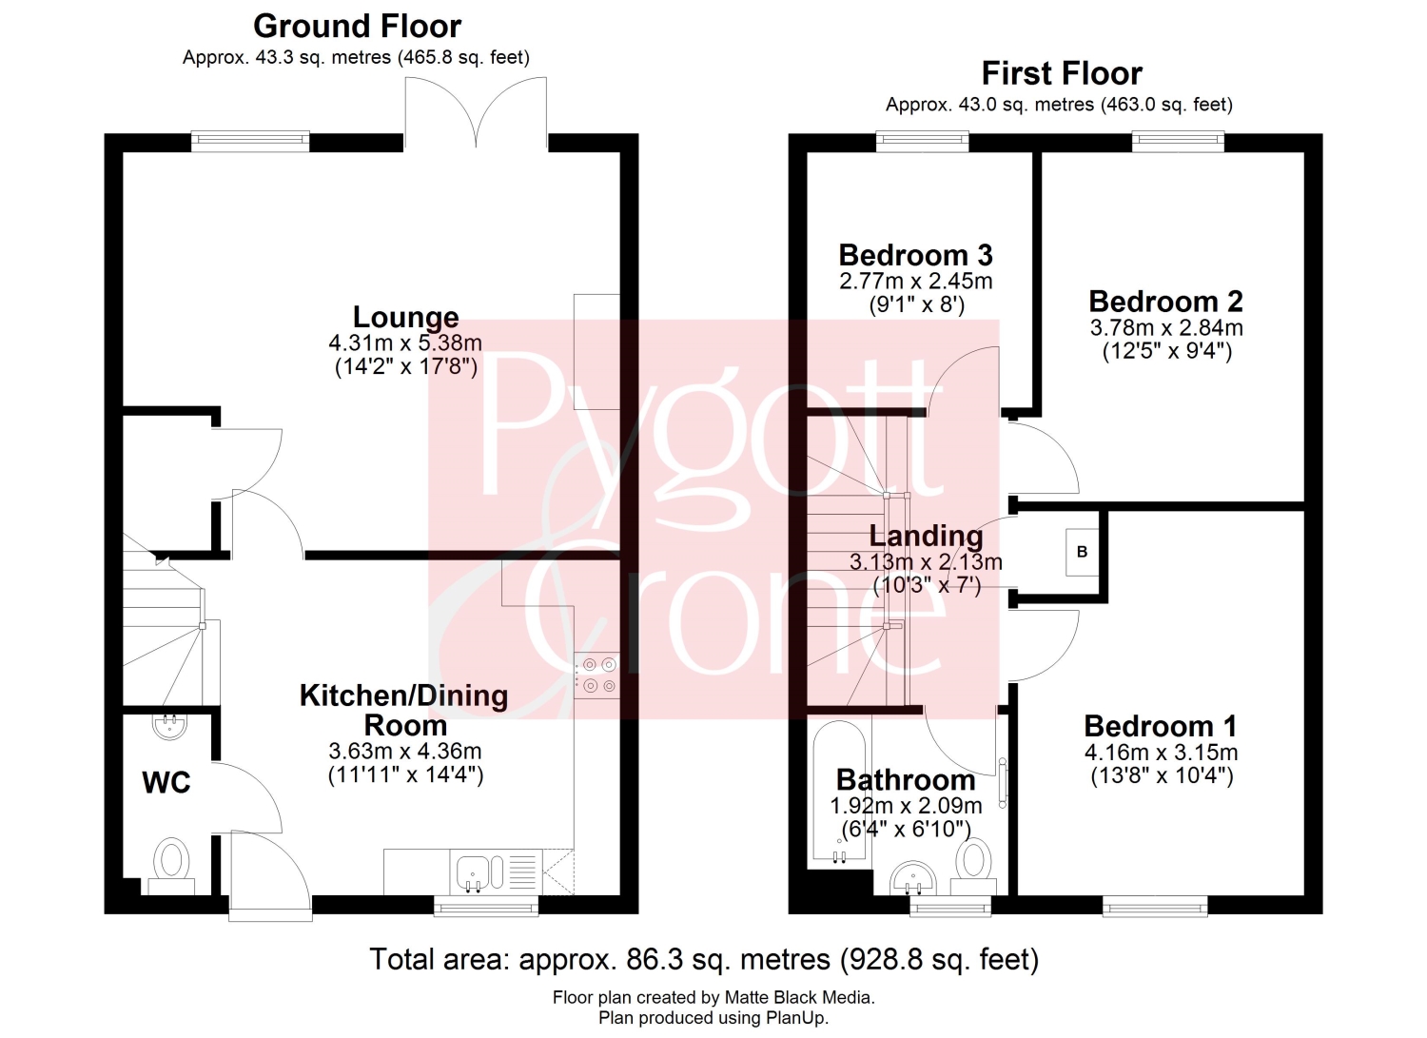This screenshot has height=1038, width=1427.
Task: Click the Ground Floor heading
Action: coord(357,27)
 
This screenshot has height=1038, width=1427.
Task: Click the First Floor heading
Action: coord(1062,73)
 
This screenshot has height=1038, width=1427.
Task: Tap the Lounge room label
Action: coord(406,317)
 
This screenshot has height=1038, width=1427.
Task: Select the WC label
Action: coord(166,782)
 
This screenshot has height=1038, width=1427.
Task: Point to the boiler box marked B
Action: coord(1082,552)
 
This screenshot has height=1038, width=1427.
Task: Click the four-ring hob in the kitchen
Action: coord(596,676)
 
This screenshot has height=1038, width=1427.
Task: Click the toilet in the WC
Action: coord(171,867)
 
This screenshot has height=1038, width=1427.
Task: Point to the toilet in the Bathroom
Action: coord(973,867)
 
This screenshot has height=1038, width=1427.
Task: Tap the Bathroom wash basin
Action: coord(913,878)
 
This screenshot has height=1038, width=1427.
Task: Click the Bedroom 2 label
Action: coord(1165,302)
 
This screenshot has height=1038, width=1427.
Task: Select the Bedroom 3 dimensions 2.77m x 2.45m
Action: coord(915,281)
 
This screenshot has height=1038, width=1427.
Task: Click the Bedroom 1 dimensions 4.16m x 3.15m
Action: coord(1161,753)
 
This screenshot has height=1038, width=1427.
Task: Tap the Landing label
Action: coord(926,536)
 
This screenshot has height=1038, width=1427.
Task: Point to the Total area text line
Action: coord(704,959)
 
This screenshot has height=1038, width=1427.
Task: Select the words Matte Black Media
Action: coord(799,997)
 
